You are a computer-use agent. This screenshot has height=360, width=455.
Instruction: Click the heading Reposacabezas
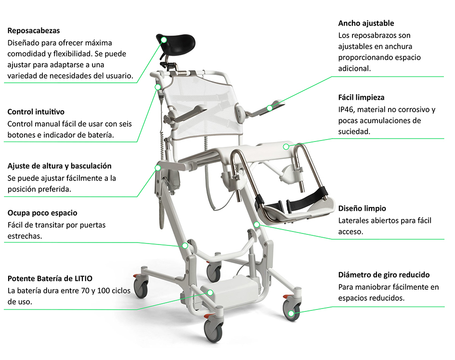coord(34,31)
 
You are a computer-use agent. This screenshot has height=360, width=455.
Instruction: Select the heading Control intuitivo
coord(36,112)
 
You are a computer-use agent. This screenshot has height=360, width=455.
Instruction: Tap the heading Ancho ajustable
coord(366,24)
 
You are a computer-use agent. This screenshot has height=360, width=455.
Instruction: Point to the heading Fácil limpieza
coord(361,98)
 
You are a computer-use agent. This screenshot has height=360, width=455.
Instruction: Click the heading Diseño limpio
coord(362,208)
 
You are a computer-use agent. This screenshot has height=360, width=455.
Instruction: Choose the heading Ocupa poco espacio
coord(42,213)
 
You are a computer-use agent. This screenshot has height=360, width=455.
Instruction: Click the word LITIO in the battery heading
coord(83,279)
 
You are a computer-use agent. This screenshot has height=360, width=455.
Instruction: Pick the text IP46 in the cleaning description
coord(345,110)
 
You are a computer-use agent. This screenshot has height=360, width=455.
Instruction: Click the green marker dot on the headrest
coord(164,40)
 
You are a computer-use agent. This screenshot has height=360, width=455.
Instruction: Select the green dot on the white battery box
coord(210,293)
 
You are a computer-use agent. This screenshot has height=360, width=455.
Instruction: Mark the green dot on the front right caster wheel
coord(291,313)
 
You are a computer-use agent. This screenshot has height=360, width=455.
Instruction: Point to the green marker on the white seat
coord(286,147)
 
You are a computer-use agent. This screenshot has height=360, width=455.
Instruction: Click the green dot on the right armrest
coord(270,108)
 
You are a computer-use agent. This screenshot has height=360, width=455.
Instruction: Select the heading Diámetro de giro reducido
coord(384,275)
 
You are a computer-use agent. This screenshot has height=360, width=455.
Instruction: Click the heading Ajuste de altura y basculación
coord(60,166)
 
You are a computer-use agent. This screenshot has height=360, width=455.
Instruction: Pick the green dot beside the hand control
coord(157,87)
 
